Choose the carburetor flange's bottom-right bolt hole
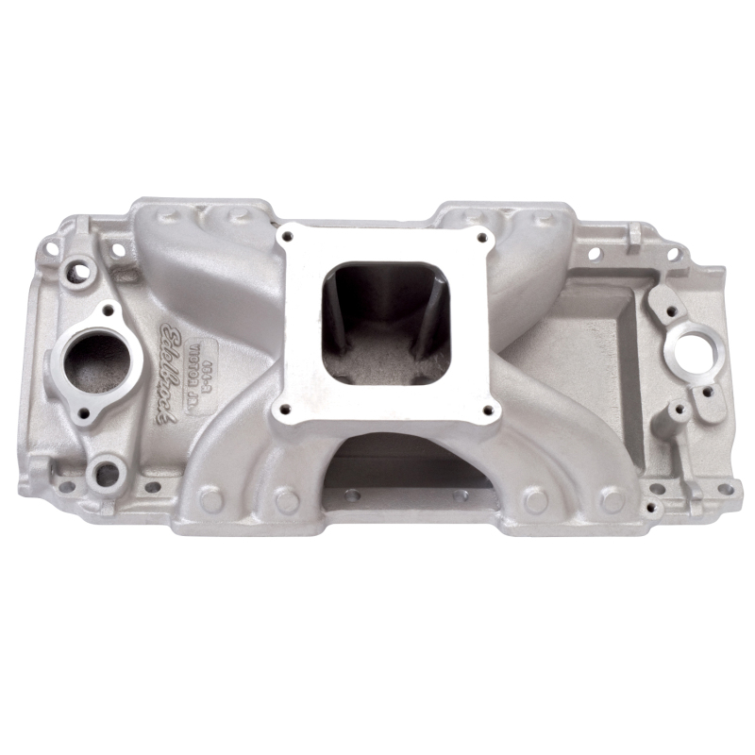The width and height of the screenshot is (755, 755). pos(488,408)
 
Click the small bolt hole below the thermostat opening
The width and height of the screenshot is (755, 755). pos(83,412)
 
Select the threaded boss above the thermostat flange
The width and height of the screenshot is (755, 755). pos(79,272)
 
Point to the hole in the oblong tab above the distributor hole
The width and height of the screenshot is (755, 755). pos(669,308)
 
